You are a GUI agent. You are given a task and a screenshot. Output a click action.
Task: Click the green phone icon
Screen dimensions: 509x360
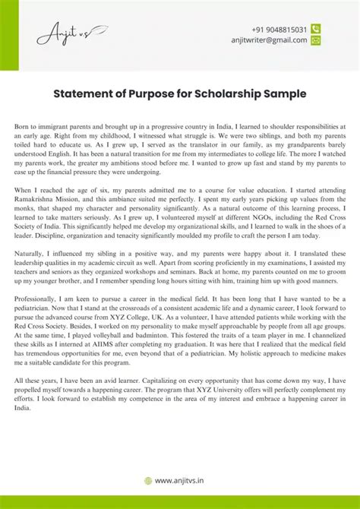click(x=316, y=29)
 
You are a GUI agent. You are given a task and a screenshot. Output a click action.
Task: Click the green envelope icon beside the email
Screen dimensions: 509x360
click(x=316, y=40)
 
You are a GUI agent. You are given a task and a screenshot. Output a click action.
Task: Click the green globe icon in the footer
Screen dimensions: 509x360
click(x=147, y=480)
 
